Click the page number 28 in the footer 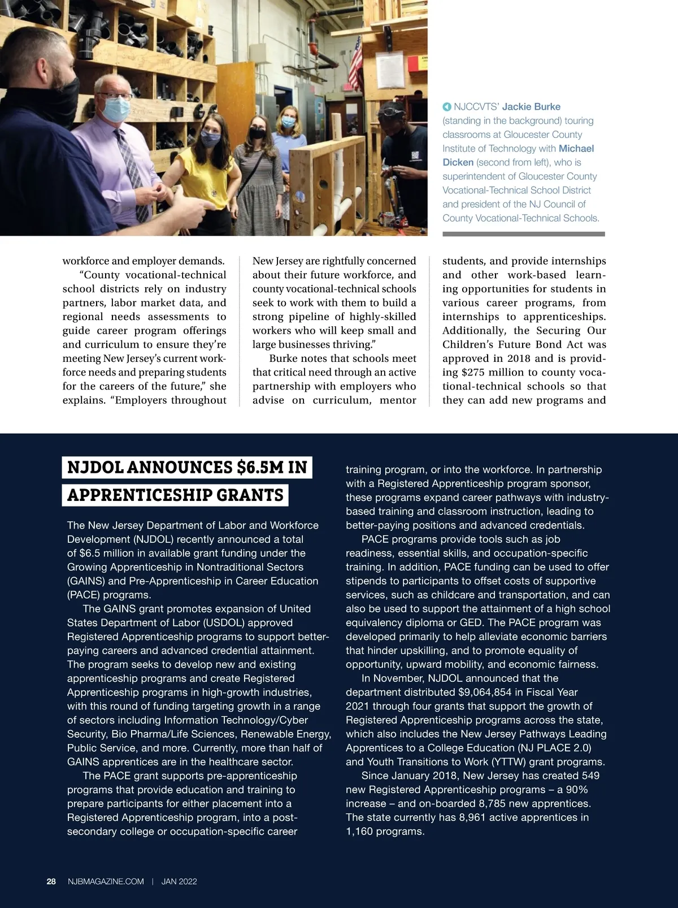51,881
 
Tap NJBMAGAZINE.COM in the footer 106,881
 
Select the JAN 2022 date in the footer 179,881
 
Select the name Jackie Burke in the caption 531,107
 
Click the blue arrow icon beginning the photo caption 446,107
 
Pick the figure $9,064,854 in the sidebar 488,692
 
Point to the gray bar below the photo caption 523,234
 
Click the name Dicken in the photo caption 458,162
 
